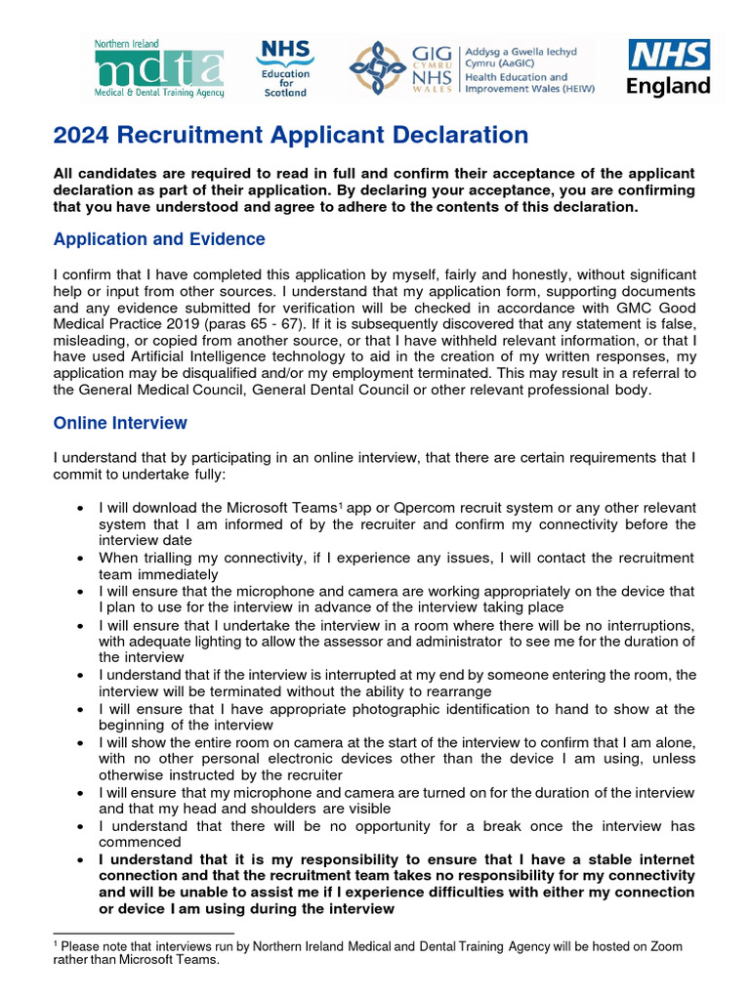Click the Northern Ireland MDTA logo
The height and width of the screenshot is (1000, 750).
[x=159, y=69]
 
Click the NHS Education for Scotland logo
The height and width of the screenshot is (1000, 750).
[x=284, y=68]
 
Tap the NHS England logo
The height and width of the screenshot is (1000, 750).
[x=668, y=67]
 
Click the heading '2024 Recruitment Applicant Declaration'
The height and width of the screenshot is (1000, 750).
[x=290, y=136]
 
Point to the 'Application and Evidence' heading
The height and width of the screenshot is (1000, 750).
[x=158, y=239]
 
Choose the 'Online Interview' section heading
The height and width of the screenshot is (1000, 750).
[x=120, y=423]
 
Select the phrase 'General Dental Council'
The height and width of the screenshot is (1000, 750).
[x=352, y=389]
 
